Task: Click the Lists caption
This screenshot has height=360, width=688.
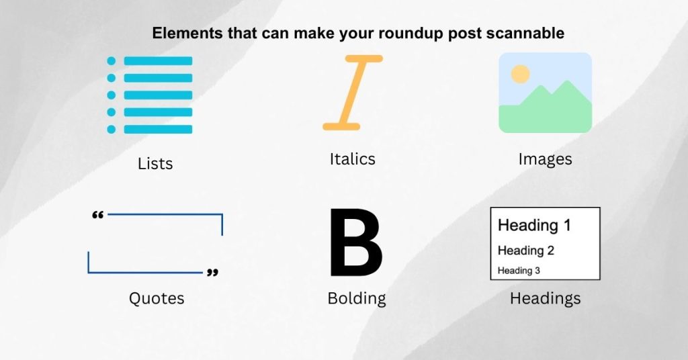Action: (x=155, y=164)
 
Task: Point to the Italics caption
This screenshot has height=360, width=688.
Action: (x=352, y=160)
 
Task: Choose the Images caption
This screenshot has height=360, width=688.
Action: (x=545, y=160)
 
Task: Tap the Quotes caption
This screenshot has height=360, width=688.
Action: (x=156, y=298)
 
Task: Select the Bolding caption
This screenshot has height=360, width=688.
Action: (x=356, y=298)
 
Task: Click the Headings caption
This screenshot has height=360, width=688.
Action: (x=545, y=298)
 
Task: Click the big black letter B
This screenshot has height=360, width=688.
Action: (x=355, y=244)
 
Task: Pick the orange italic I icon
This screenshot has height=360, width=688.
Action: (x=353, y=92)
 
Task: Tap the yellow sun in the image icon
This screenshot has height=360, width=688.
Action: (x=520, y=73)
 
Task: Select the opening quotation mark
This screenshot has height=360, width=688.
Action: (x=97, y=216)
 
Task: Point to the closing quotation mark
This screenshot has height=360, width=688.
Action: (x=212, y=273)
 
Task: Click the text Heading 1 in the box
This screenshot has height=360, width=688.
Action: (x=534, y=226)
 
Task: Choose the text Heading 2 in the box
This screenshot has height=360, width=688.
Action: (x=525, y=251)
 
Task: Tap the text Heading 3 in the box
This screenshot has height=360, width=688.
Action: (x=519, y=271)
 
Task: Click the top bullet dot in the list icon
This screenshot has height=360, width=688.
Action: (x=112, y=61)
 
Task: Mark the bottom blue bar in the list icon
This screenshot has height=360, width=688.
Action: (x=159, y=129)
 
